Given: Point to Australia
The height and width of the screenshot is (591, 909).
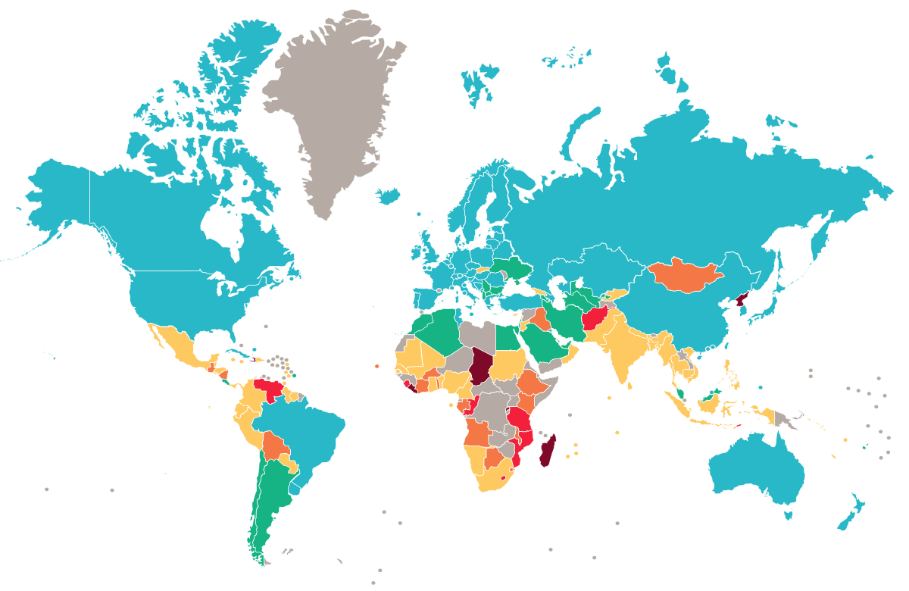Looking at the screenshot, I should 757,470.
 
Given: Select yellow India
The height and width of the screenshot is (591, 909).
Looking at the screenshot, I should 629,349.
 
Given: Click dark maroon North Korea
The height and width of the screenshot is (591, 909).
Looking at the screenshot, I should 741,302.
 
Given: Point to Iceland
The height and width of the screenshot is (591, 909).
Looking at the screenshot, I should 389,197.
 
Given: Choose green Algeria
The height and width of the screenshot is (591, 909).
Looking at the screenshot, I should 439,333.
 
